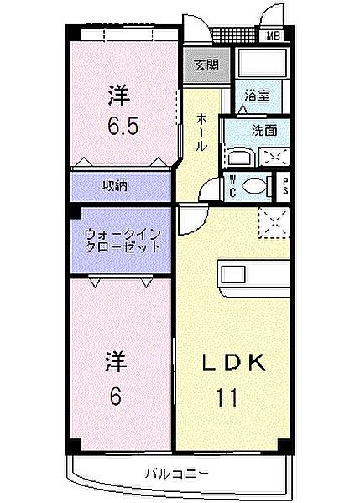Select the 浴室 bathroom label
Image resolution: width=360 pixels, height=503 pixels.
coord(256,97)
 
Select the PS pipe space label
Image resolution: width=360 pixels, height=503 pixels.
coord(286,185)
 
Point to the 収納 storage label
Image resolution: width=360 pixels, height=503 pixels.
coord(116,186)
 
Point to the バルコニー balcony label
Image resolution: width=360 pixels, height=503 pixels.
coord(180,474)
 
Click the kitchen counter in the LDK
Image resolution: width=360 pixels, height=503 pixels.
coord(253,272)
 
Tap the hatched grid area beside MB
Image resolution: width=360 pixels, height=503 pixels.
coord(235,36)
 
